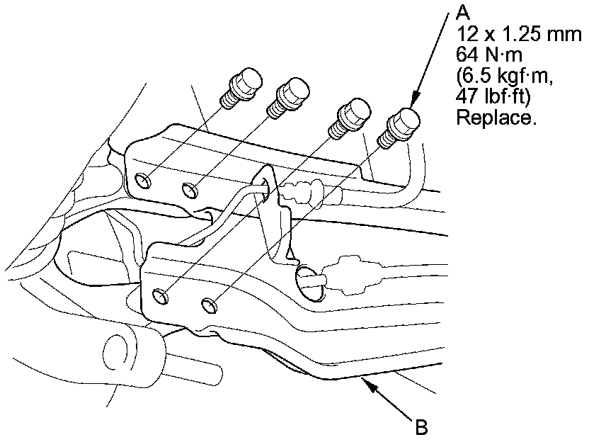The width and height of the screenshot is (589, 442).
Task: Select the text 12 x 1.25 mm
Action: [x=519, y=34]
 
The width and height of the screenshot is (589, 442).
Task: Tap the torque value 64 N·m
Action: [x=489, y=55]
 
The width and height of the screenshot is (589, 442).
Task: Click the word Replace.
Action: [x=494, y=118]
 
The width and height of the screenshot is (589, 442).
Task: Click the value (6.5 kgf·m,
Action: [x=505, y=76]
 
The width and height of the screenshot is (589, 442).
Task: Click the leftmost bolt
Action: [x=241, y=88]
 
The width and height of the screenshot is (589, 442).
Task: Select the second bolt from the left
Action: [x=287, y=98]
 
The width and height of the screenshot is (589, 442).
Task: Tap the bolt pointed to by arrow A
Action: [x=399, y=128]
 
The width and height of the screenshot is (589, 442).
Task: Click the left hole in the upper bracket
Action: [x=143, y=181]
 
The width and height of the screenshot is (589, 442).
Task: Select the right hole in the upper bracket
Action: [x=190, y=190]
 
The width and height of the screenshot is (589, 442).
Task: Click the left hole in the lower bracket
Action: [x=161, y=296]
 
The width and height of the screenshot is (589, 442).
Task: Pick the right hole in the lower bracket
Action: [x=210, y=305]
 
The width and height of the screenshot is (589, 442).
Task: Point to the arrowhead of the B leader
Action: [x=369, y=385]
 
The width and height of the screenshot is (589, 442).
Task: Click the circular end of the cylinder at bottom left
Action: [x=114, y=353]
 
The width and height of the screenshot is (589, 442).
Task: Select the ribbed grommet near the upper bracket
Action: [x=303, y=192]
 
